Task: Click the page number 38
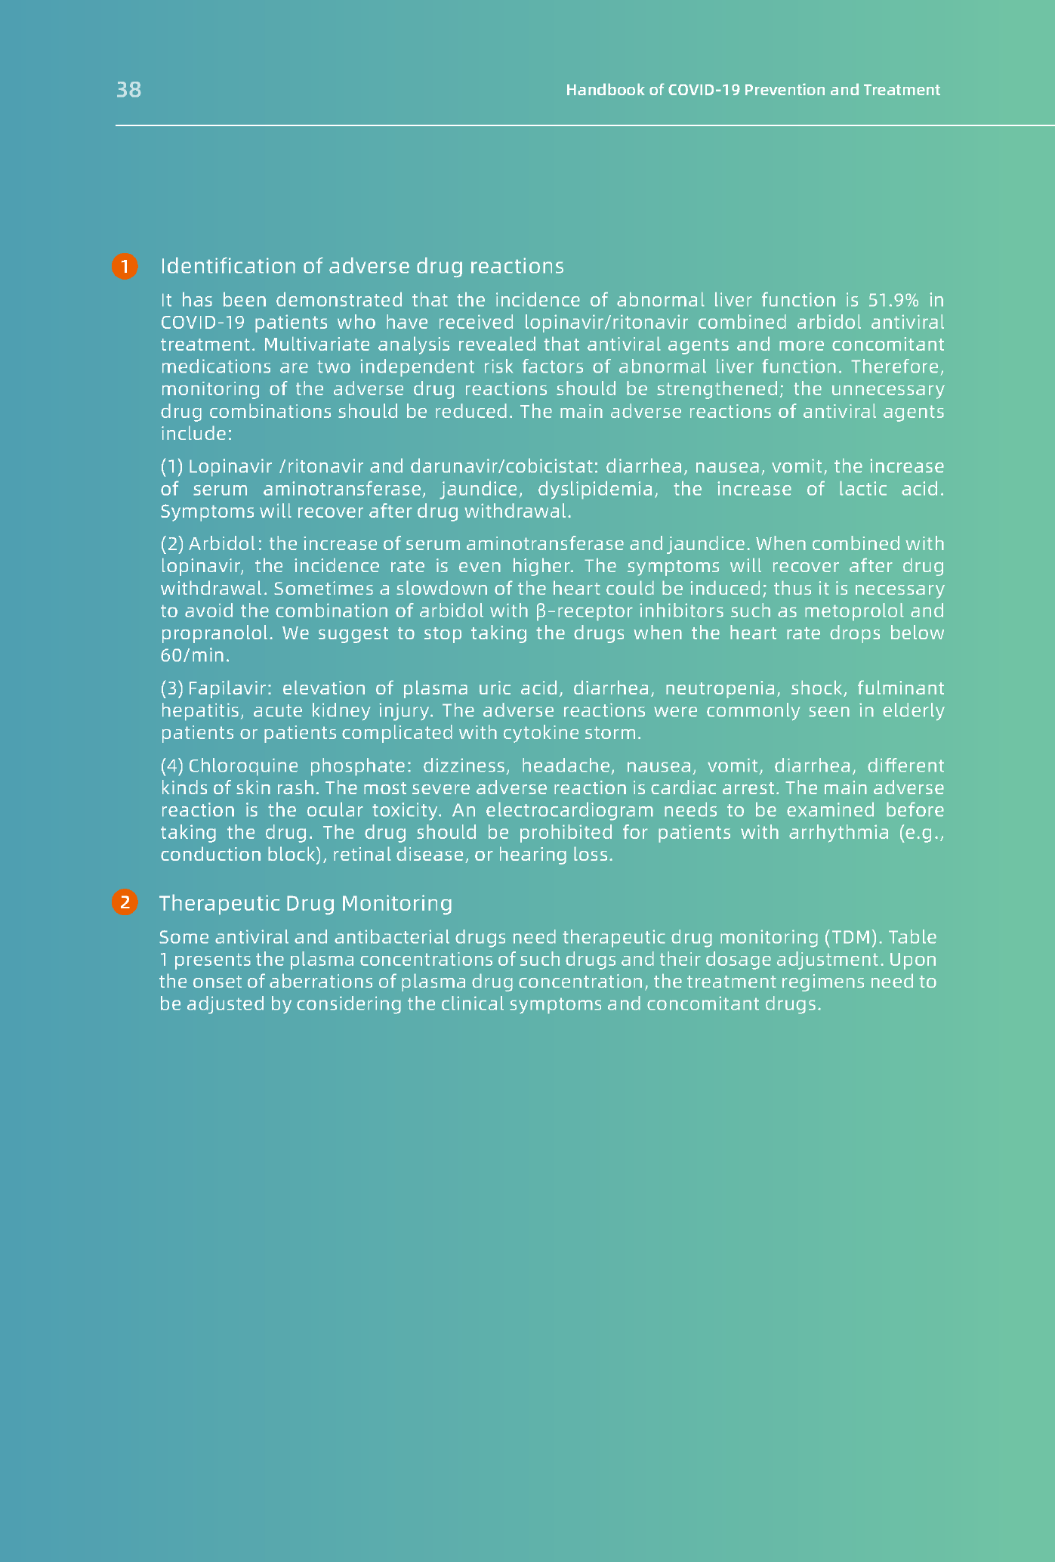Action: tap(128, 90)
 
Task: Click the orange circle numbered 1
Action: tap(125, 266)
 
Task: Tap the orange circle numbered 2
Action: tap(125, 902)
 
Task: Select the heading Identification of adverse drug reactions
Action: tap(362, 266)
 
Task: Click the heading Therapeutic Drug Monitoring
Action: tap(306, 903)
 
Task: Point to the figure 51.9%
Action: tap(893, 301)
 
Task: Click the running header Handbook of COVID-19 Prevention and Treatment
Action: tap(753, 90)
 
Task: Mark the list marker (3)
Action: tap(172, 688)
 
